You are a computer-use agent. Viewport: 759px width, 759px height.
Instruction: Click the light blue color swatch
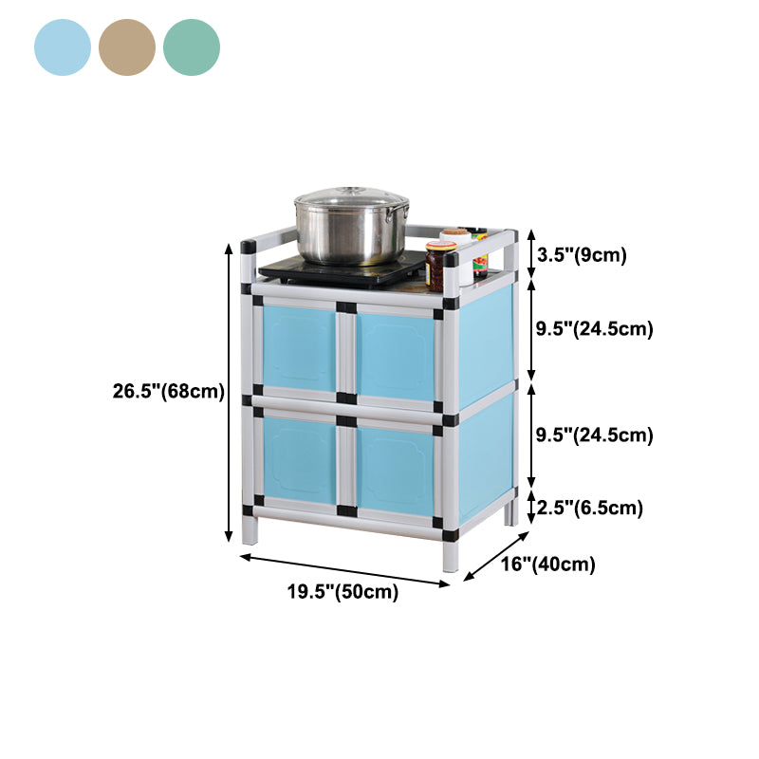coord(63,47)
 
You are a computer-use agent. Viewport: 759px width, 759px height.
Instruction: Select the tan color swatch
coord(127,47)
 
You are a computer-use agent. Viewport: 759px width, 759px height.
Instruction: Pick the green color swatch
coord(192,47)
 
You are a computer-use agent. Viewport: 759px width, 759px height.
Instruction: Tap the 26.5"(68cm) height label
coord(169,391)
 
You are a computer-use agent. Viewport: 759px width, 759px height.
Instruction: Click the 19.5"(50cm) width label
coord(342,591)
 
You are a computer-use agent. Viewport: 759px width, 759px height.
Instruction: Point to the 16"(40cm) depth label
coord(548,564)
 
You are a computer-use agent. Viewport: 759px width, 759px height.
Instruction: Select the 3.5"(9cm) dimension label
coord(582,254)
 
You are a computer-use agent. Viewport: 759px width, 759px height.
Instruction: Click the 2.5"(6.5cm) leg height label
coord(589,508)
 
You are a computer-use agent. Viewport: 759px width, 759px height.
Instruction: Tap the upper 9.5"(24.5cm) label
coord(595,329)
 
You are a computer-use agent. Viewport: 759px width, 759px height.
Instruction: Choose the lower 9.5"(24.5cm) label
coord(595,435)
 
